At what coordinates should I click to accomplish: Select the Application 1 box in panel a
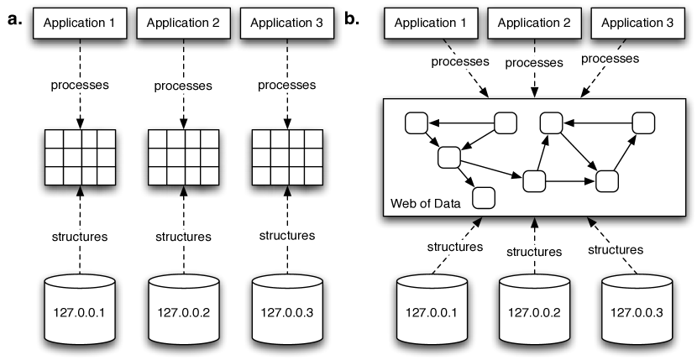pos(79,23)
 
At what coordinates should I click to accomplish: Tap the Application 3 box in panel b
pos(633,23)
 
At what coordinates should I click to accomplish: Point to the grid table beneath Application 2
pos(183,156)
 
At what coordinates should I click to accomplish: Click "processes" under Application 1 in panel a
pos(79,86)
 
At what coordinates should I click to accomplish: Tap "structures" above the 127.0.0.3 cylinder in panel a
pos(287,236)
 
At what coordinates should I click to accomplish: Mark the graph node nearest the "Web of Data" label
pos(484,197)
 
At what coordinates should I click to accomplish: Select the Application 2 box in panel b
pos(532,23)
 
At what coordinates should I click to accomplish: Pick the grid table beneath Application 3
pos(287,156)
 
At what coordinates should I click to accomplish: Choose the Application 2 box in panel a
pos(183,23)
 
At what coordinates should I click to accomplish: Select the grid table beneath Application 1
pos(79,156)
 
